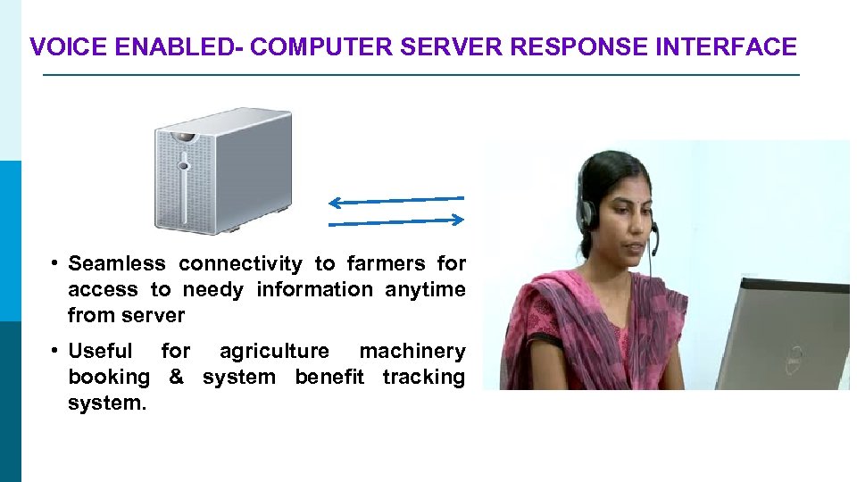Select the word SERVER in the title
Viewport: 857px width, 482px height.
[450, 47]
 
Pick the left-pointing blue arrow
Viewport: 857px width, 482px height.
[396, 200]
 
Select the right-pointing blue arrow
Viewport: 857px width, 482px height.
[396, 220]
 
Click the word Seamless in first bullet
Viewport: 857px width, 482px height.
[117, 263]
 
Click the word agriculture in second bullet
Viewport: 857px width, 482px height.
[274, 351]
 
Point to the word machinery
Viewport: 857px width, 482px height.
[412, 351]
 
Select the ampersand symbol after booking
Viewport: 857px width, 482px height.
[176, 377]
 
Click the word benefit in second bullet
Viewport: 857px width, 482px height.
[329, 377]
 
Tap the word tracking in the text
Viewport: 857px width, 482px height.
[423, 377]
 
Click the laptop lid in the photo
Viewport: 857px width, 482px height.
[795, 330]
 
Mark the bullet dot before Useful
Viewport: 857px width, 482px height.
[54, 351]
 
